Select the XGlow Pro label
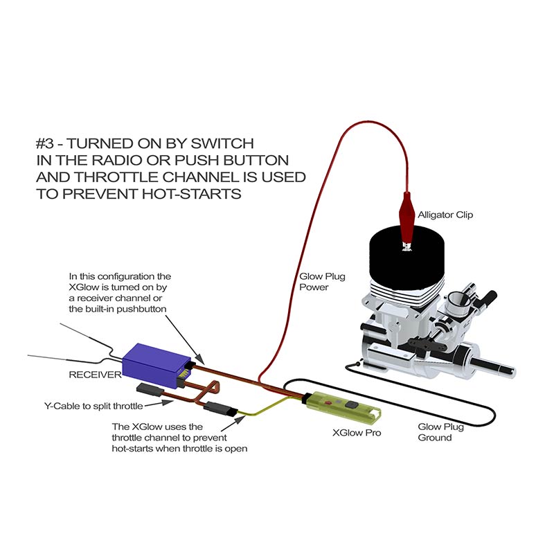point(357,433)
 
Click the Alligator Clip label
point(445,215)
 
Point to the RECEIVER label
point(95,375)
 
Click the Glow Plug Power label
point(322,282)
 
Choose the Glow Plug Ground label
point(440,432)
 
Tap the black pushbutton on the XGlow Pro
point(351,405)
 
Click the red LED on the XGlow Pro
point(329,402)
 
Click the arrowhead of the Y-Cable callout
point(168,402)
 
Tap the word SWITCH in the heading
point(222,144)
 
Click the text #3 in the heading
point(45,144)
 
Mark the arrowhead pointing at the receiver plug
point(199,359)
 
